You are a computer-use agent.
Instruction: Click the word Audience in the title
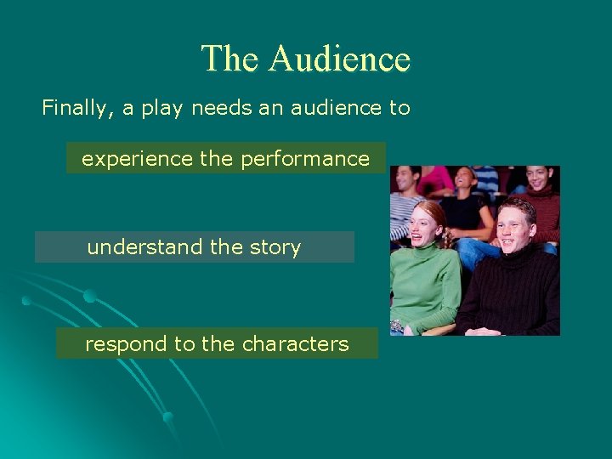pyautogui.click(x=339, y=59)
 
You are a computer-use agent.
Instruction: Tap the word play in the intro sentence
pyautogui.click(x=160, y=109)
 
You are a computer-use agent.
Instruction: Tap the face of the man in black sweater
pyautogui.click(x=514, y=225)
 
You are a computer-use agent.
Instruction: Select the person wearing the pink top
pyautogui.click(x=438, y=179)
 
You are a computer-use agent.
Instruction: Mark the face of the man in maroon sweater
pyautogui.click(x=539, y=178)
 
